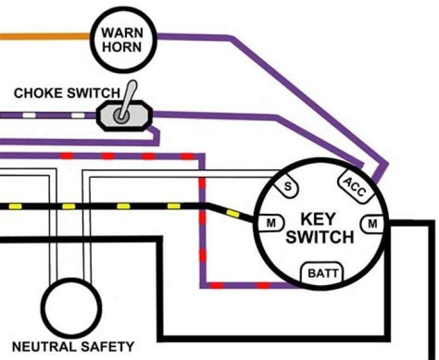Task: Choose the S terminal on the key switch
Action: [x=287, y=187]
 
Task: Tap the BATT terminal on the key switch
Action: [x=321, y=274]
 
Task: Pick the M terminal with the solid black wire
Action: [x=372, y=224]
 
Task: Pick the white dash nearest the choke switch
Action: [x=77, y=115]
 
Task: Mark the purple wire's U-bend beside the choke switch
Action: [x=156, y=136]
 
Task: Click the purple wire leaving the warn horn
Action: [x=195, y=37]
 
